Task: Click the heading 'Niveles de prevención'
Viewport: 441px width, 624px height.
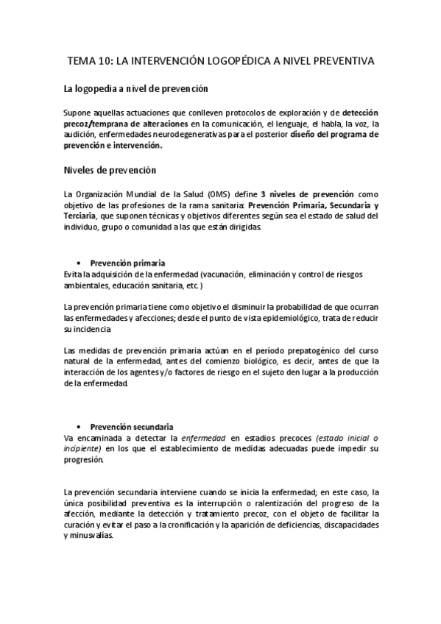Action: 110,171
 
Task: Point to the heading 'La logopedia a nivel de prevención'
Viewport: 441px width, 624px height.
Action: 137,89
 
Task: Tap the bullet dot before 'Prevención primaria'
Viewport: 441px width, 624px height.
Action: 78,263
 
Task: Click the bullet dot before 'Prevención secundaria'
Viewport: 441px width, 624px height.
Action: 78,427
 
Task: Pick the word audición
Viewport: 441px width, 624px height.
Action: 81,135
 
